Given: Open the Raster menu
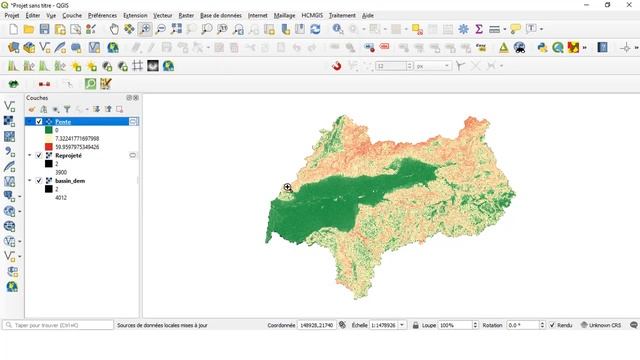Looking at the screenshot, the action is [186, 16].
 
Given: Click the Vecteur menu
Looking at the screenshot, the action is [162, 16].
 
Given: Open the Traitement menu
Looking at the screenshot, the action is [341, 16].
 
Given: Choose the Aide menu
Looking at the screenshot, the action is [368, 16].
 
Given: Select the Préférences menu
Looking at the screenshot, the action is [102, 16].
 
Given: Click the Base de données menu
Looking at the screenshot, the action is [220, 16].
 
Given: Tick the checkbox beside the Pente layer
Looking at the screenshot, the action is [39, 121].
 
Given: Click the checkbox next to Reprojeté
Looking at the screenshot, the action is [39, 156].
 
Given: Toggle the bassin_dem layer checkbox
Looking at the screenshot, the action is [39, 181].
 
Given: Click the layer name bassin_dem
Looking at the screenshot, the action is [71, 181].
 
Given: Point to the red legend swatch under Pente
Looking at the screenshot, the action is [48, 146].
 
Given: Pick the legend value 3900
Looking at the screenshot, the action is [62, 173].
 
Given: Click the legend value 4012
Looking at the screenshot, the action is [62, 198].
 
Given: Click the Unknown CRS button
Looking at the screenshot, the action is [604, 325].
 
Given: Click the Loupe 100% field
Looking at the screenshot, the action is [458, 325].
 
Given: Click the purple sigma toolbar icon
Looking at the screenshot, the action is [479, 29].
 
